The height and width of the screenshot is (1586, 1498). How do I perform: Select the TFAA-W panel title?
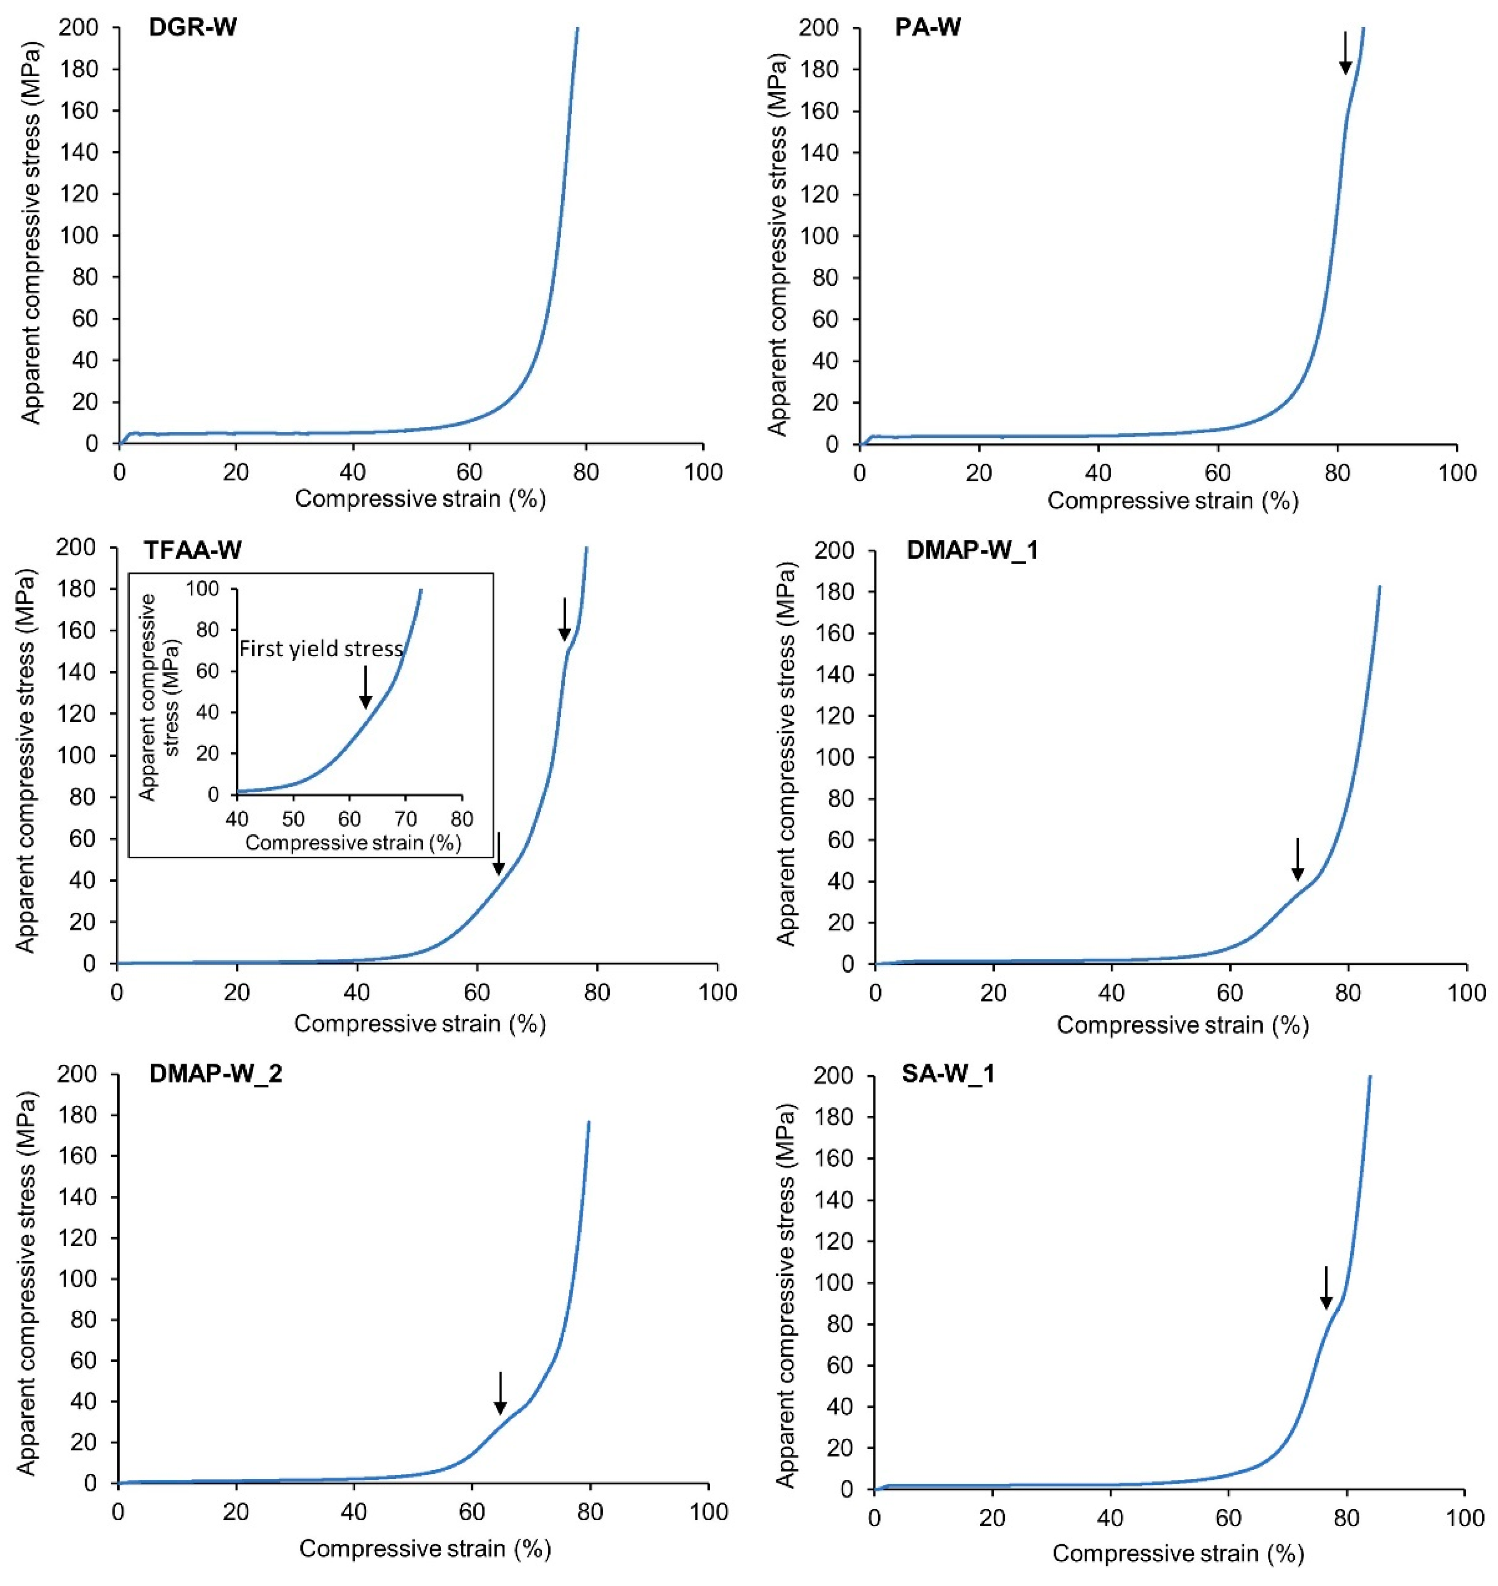[x=193, y=551]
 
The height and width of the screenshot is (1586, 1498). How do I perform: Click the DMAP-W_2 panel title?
[x=216, y=1074]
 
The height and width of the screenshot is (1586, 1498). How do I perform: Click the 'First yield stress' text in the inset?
[x=321, y=649]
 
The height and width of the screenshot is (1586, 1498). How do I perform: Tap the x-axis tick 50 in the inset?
[x=293, y=820]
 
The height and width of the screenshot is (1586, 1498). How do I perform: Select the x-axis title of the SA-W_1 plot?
[x=1178, y=1553]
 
